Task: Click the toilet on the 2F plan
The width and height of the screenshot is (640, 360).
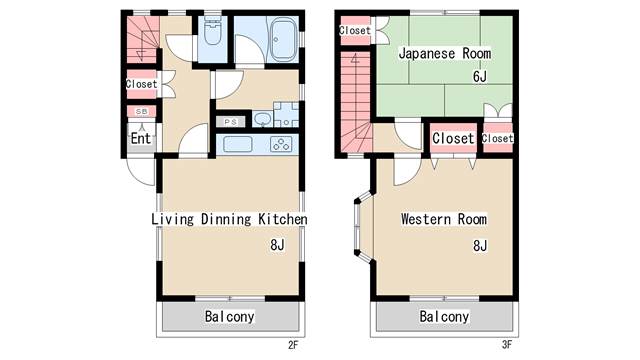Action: (212, 31)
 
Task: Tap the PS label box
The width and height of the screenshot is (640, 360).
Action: (231, 122)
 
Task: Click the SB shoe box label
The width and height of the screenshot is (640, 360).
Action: (141, 111)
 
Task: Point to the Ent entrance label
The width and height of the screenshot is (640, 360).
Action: (141, 138)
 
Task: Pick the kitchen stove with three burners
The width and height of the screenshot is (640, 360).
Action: (281, 144)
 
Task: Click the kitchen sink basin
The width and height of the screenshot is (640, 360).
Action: (238, 144)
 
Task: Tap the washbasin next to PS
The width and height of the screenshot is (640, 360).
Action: (262, 119)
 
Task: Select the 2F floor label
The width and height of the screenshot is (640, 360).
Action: (293, 345)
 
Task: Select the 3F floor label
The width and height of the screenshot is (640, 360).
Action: (507, 345)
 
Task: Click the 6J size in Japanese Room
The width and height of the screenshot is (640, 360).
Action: (480, 76)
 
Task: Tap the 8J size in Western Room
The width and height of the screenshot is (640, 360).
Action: (480, 245)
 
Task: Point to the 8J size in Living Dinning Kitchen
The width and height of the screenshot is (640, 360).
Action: (277, 244)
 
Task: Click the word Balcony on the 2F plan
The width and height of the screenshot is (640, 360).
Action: (229, 316)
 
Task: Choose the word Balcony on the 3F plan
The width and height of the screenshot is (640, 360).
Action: (444, 316)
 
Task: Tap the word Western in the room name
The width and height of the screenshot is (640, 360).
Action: (426, 219)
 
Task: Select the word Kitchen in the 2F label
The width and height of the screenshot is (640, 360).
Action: (282, 219)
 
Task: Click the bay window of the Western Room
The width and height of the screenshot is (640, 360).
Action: (363, 227)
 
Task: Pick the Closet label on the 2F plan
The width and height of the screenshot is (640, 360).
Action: (141, 84)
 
